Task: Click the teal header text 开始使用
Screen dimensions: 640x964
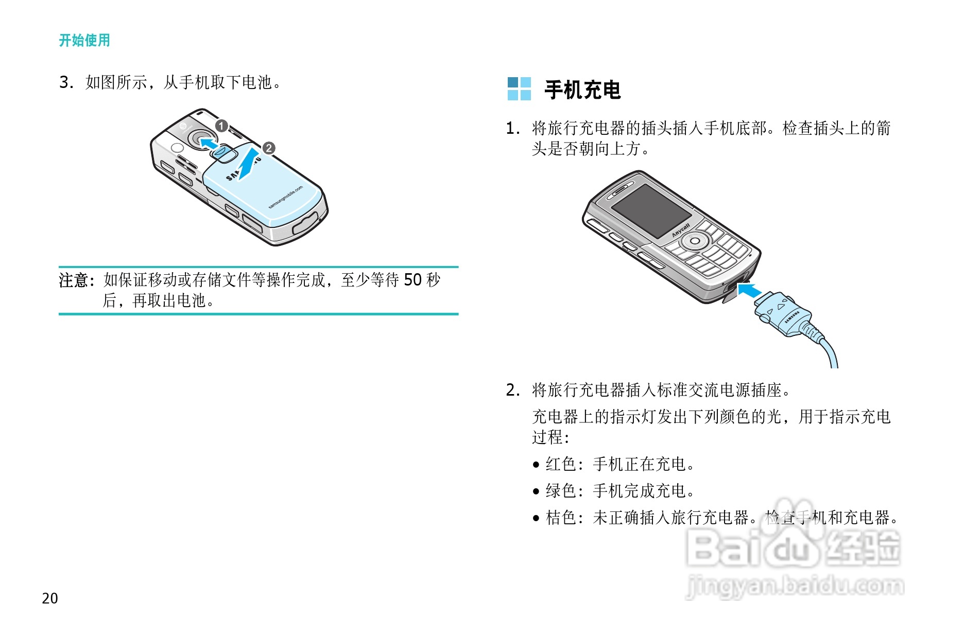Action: (x=84, y=40)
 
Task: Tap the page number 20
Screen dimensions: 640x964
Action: (x=50, y=598)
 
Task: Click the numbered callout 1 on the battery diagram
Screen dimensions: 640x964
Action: (x=221, y=126)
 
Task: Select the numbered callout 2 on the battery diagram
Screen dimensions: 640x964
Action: (x=269, y=149)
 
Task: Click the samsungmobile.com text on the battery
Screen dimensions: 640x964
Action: (x=286, y=198)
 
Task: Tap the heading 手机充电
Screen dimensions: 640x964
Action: (x=582, y=90)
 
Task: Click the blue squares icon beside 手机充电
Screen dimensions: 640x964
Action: (x=519, y=89)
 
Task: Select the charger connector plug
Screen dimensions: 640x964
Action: (x=783, y=315)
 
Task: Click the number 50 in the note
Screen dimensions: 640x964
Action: (x=412, y=280)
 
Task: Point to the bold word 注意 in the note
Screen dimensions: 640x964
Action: (x=74, y=280)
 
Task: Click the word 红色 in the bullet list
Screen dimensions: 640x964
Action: (x=561, y=464)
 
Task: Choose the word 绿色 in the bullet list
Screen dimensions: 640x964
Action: (x=561, y=491)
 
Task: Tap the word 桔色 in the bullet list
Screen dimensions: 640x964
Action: (x=561, y=518)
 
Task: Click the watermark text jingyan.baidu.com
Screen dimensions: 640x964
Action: (x=795, y=586)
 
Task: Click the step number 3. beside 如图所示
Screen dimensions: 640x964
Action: (x=66, y=82)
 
